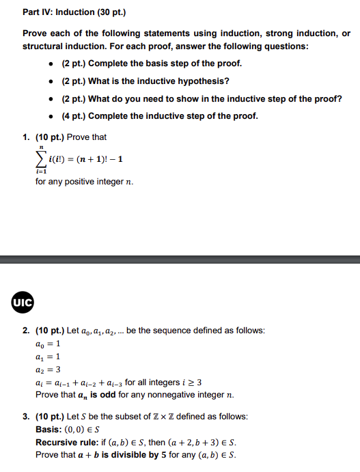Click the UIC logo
(22, 301)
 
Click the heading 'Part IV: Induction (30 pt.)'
(74, 13)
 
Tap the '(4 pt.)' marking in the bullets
(73, 115)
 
